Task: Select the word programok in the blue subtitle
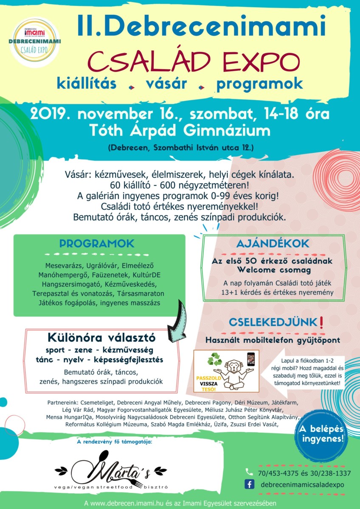tap(259, 84)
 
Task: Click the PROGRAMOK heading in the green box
tap(97, 243)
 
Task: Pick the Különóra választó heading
tap(101, 338)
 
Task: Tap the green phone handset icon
tap(249, 472)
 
